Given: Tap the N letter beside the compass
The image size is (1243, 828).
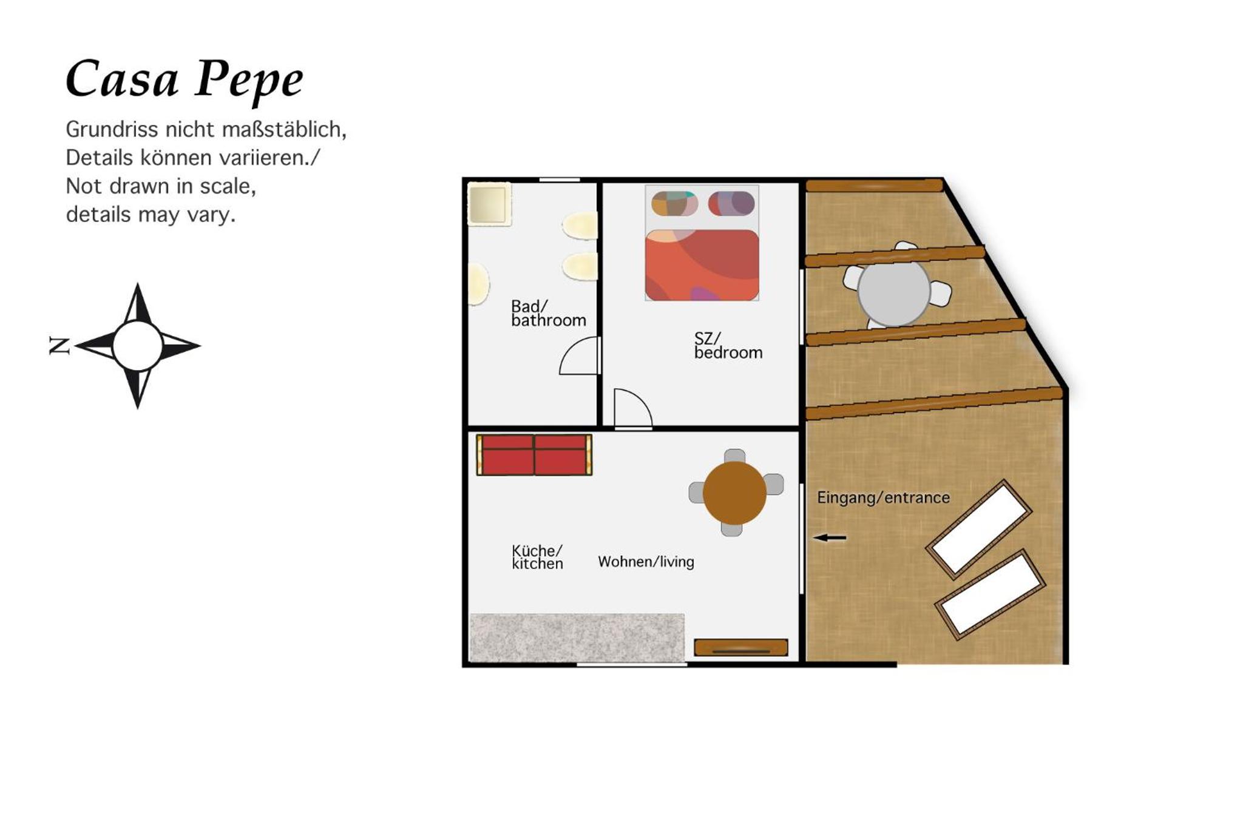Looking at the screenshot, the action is tap(59, 345).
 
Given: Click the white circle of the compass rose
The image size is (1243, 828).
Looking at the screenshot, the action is tap(138, 346).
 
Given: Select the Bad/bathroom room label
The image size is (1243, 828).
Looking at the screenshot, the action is tap(548, 314).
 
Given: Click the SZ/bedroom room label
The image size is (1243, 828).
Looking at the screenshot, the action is tap(728, 346).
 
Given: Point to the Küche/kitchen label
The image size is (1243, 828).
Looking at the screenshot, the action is tap(537, 557).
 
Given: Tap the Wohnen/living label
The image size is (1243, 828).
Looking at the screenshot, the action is tap(646, 562).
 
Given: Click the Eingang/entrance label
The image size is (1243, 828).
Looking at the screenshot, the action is tap(883, 497).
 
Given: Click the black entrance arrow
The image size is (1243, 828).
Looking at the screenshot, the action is tap(829, 537).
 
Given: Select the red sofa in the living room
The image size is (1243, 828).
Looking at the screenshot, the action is tap(534, 454).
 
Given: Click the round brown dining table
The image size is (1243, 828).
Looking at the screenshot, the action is tap(734, 493).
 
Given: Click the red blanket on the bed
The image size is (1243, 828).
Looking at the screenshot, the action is tap(702, 265).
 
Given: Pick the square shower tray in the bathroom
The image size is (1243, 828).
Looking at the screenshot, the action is tap(489, 204).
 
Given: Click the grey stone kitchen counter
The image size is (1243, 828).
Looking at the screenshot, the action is tap(577, 638).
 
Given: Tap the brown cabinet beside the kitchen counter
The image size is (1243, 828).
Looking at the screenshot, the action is tap(741, 647).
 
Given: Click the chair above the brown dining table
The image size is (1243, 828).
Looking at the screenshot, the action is tap(735, 456).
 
